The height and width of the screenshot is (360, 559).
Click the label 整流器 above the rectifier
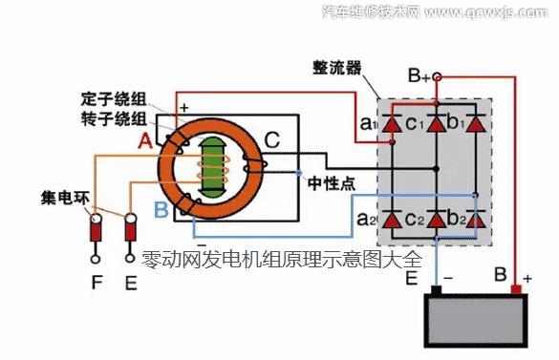click(x=336, y=69)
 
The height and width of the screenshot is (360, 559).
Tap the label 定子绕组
click(x=113, y=99)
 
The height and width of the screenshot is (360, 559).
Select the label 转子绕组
click(x=113, y=118)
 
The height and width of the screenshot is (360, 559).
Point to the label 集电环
click(x=65, y=200)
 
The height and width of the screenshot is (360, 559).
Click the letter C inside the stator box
click(x=271, y=142)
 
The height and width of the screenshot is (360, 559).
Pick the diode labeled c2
click(x=439, y=220)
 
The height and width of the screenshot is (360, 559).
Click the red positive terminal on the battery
click(x=517, y=288)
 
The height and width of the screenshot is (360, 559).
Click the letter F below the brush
click(x=96, y=283)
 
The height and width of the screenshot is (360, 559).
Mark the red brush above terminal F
click(x=96, y=229)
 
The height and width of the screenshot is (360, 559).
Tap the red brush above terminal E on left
click(x=132, y=229)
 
